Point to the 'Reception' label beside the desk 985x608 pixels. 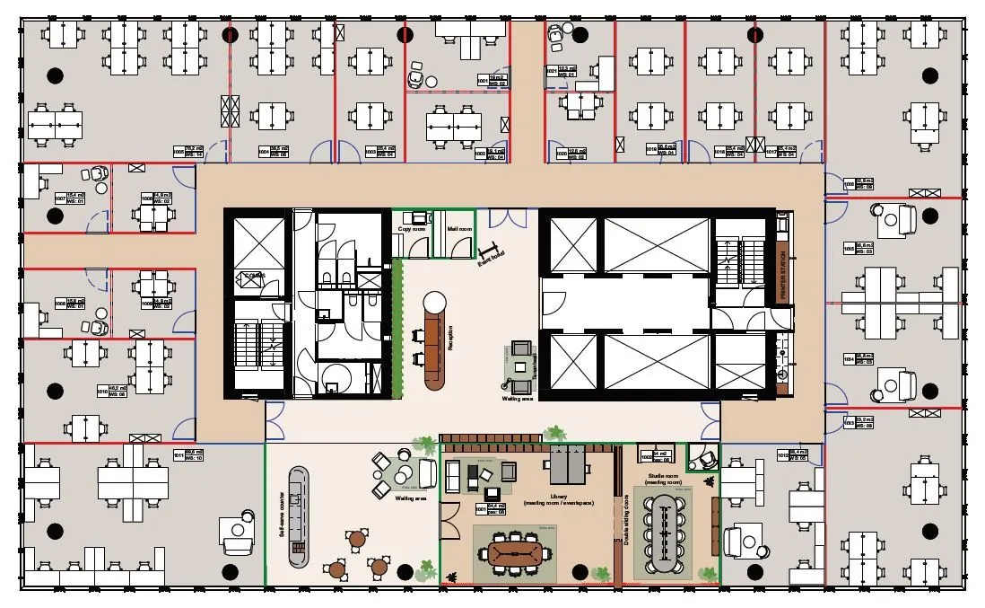coord(450,341)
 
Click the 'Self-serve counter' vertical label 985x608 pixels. coord(283,512)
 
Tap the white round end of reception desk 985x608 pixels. coord(435,303)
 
